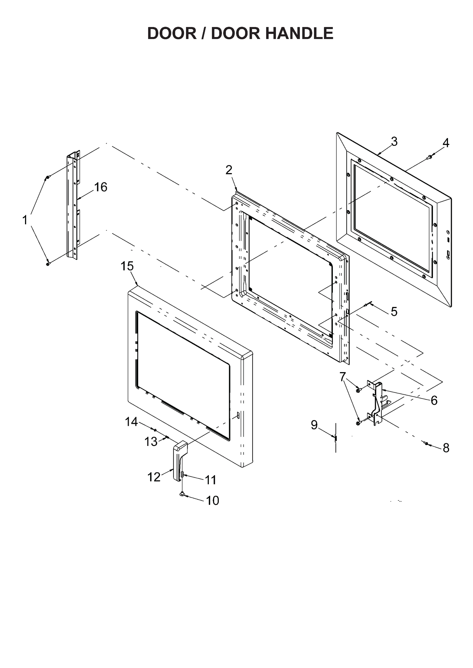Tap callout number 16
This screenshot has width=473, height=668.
click(x=100, y=187)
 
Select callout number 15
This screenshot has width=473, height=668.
click(x=127, y=266)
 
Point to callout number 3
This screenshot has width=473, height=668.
click(x=394, y=142)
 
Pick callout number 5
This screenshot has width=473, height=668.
click(x=394, y=311)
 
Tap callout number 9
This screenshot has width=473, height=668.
click(x=314, y=425)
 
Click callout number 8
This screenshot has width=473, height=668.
click(x=446, y=448)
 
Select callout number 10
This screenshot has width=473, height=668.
click(x=212, y=500)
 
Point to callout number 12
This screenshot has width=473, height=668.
click(x=154, y=477)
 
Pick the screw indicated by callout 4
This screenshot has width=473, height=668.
click(x=429, y=158)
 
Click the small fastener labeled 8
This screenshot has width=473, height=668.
click(x=426, y=443)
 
